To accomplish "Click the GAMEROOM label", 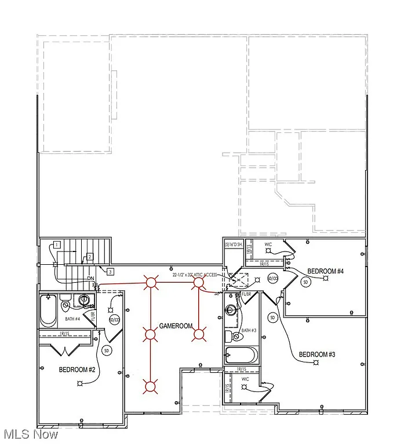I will tap(176, 326).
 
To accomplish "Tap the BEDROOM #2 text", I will tap(77, 369).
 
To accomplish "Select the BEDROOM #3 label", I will tap(317, 354).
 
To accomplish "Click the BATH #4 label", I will tap(72, 318).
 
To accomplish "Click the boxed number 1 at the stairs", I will tap(57, 244).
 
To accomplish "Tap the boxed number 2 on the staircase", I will tap(90, 257).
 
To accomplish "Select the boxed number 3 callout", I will tap(110, 271).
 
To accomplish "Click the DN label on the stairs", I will tap(90, 279).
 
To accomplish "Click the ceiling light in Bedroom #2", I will tap(82, 383).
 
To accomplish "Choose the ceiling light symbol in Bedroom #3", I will tap(316, 362).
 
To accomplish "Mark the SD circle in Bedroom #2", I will tap(106, 351).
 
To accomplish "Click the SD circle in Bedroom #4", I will tap(305, 282).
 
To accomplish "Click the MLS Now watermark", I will tap(30, 434).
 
